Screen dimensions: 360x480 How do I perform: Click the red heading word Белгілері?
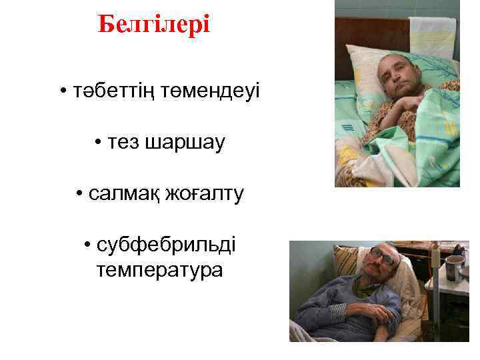153,25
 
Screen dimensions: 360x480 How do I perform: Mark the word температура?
160,270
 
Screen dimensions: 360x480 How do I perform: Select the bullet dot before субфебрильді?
88,246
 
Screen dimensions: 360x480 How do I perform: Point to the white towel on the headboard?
432,37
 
